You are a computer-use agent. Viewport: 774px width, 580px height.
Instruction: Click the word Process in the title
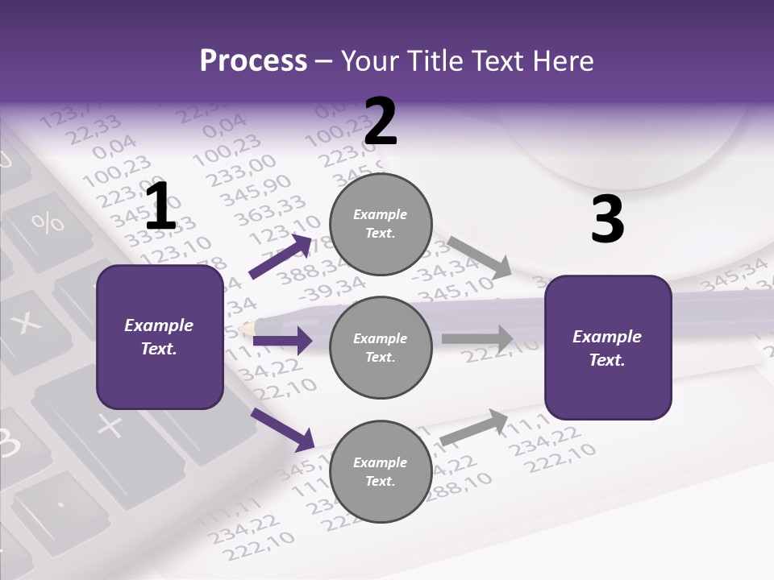[x=253, y=60]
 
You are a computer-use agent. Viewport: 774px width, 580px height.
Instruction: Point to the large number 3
[x=607, y=219]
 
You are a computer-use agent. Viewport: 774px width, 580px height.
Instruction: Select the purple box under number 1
[x=160, y=337]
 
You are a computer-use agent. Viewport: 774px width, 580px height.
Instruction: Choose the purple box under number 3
[x=608, y=347]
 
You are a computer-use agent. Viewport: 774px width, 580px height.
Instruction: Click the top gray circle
[x=381, y=224]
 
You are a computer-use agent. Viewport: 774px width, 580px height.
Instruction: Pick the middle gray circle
[x=381, y=347]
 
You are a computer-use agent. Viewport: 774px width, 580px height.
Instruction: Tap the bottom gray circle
[x=381, y=471]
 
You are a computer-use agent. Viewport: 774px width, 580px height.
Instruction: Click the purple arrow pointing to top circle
[x=281, y=256]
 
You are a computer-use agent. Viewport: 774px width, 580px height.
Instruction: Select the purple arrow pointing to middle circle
[x=282, y=341]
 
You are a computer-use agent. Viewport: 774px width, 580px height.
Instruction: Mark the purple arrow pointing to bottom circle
[x=283, y=429]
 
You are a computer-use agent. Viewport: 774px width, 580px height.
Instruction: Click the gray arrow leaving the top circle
[x=481, y=257]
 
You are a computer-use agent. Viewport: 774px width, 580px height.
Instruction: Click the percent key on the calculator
[x=48, y=222]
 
